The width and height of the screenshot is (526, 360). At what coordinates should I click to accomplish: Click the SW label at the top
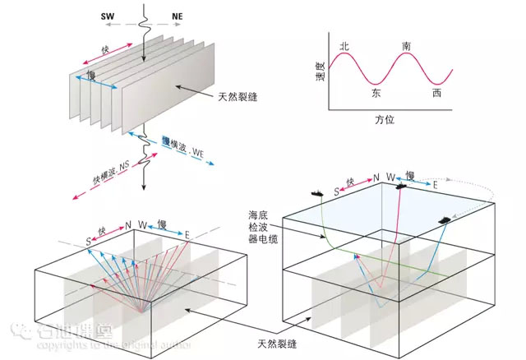[108, 16]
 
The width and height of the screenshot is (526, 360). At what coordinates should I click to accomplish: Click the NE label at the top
[177, 16]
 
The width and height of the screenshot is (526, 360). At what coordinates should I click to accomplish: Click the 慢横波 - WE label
[183, 147]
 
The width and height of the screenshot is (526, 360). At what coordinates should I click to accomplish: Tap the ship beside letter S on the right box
[316, 192]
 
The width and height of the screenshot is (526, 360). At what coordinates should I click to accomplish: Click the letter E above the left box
[187, 236]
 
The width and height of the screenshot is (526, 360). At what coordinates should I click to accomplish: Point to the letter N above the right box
[376, 178]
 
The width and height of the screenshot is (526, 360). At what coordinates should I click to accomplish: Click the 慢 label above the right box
[410, 175]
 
